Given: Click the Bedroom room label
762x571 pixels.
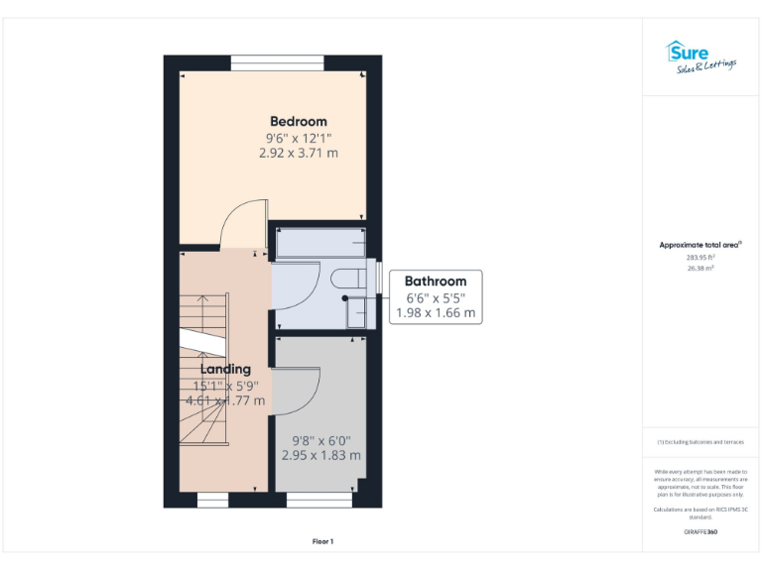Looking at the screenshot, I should pos(298,121).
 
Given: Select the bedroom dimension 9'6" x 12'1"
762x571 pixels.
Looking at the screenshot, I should pos(298,138).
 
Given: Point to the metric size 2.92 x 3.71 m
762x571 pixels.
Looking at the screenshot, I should pos(298,154).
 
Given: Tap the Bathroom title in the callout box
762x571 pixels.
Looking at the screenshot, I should pos(435,282).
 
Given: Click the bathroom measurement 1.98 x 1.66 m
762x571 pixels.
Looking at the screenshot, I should pos(435,313).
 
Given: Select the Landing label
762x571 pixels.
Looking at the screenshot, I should pos(226,369).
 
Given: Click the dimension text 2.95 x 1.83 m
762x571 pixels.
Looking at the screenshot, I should pos(320,456).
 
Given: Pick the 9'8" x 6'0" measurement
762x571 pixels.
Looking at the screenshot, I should pos(320,440).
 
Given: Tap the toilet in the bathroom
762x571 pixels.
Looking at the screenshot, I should pos(350,278).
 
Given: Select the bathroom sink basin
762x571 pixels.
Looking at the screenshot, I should pos(355,312).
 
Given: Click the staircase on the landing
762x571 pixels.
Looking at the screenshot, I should pos(203,372).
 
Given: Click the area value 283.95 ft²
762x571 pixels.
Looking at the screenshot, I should pos(700,257).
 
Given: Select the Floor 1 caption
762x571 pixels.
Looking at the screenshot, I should pos(323,541).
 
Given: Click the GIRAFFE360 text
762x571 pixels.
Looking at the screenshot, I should pos(700,532).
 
